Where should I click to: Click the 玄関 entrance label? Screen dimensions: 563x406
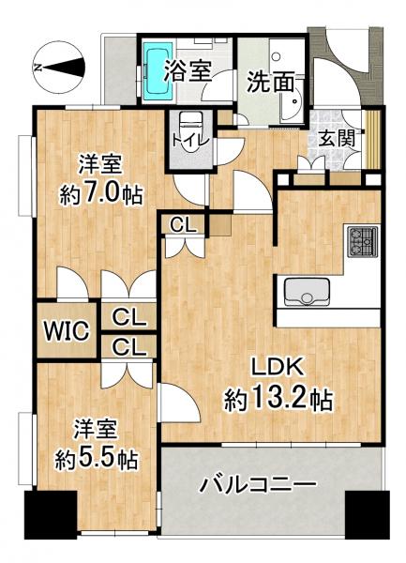tap(337, 136)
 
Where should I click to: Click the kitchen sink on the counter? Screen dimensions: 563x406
tap(304, 292)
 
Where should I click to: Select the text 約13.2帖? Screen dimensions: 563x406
tap(278, 401)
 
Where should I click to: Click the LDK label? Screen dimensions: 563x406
tap(278, 367)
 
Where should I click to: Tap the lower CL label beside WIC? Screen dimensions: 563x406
tap(129, 347)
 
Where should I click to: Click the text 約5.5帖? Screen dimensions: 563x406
tap(97, 459)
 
